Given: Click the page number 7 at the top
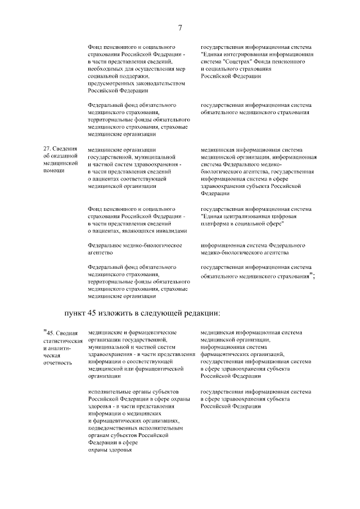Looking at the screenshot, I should (180, 28).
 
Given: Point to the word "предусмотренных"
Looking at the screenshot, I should (112, 83).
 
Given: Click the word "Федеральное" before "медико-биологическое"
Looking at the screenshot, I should (107, 246).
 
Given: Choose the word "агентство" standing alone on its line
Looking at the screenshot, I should (101, 253).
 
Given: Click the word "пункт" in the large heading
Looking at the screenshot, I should (75, 313).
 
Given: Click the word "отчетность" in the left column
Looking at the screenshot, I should (57, 363).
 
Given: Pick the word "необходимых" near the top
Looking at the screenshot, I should (105, 68).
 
